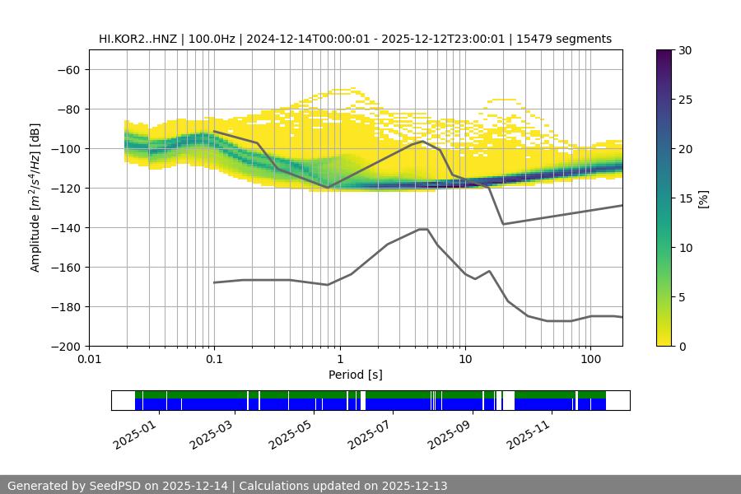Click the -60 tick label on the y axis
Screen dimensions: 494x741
tap(68, 69)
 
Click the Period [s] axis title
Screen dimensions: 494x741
tap(356, 375)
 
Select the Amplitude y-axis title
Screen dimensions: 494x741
tap(35, 198)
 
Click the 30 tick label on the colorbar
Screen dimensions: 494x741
tap(685, 50)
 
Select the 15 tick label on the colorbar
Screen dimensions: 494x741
tap(685, 198)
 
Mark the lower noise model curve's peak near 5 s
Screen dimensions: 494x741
tap(423, 229)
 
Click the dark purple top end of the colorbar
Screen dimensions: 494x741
tap(664, 54)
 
